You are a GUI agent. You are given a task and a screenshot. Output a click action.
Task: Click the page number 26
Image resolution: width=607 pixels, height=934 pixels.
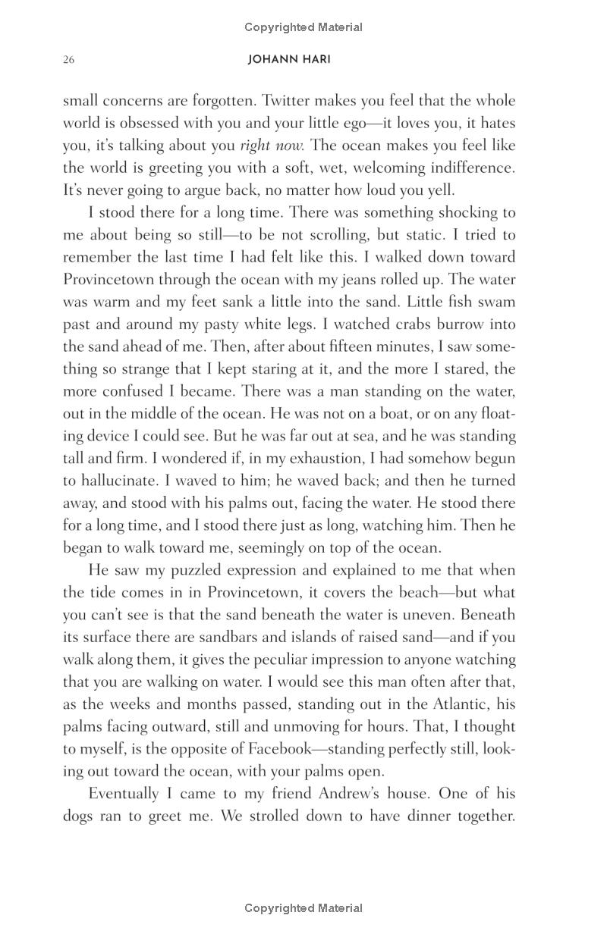(68, 60)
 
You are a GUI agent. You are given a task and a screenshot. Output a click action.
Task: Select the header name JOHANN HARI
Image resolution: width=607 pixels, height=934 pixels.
(289, 60)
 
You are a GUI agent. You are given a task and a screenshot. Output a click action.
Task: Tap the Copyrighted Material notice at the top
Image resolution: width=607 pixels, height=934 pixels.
(303, 27)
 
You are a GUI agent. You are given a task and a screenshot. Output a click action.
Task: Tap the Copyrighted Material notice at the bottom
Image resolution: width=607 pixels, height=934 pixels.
(303, 908)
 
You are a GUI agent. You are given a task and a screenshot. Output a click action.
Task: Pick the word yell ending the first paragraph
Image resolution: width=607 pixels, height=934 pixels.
(442, 190)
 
